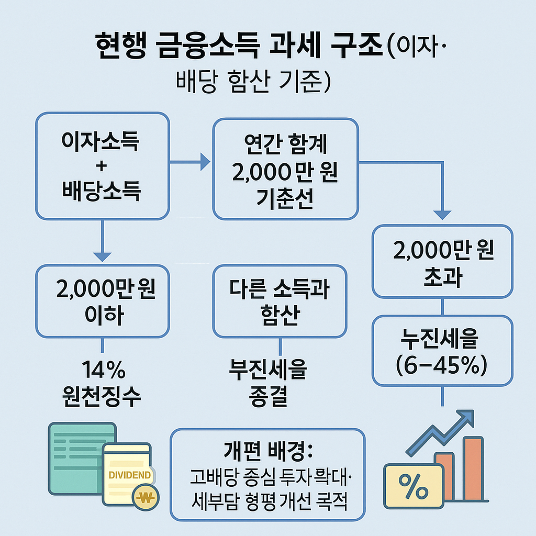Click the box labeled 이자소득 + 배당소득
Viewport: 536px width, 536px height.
pos(102,166)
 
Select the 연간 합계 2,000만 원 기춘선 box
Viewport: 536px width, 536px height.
pos(285,169)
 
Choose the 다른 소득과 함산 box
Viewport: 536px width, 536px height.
pos(279,301)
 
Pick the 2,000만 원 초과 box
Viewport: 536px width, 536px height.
pos(442,262)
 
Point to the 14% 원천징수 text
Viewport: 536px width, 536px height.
pos(102,385)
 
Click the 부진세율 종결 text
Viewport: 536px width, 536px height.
pos(269,385)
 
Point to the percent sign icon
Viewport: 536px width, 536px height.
pos(414,486)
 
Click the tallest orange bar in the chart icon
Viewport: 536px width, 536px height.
pos(473,468)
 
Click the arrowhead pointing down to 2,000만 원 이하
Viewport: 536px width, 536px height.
pos(102,256)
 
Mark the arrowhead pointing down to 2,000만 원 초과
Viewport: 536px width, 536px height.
pos(443,215)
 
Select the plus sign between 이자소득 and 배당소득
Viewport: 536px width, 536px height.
pos(102,166)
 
